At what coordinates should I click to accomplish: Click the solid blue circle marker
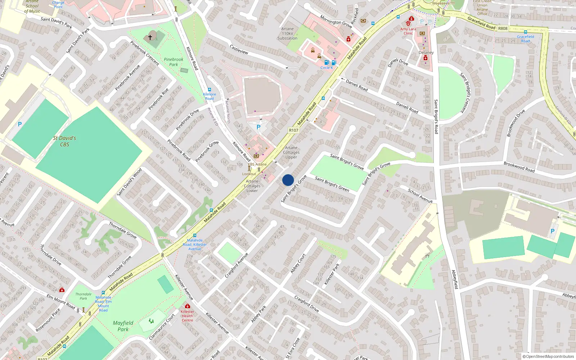click(x=288, y=180)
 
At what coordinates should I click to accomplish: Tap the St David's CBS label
click(x=64, y=141)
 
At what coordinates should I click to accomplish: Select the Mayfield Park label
click(x=123, y=326)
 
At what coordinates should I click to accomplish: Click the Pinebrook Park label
click(x=174, y=62)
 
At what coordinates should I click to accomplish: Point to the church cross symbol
click(x=150, y=37)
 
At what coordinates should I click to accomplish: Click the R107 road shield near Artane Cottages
click(x=293, y=130)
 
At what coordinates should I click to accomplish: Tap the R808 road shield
click(x=503, y=28)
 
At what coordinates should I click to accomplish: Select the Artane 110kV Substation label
click(x=287, y=33)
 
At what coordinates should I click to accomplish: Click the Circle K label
click(x=327, y=68)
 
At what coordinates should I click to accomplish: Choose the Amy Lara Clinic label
click(x=408, y=31)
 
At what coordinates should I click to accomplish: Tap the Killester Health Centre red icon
click(x=187, y=306)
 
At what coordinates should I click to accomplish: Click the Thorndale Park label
click(x=83, y=296)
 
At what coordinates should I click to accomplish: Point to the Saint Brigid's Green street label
click(x=332, y=184)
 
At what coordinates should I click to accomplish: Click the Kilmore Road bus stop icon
click(x=209, y=90)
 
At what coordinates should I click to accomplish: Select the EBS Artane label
click(x=257, y=164)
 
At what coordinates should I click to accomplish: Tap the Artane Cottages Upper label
click(x=291, y=152)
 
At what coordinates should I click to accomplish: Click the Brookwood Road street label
click(x=519, y=167)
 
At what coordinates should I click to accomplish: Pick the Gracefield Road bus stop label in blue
click(x=525, y=39)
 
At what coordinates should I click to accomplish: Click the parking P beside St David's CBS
click(x=20, y=124)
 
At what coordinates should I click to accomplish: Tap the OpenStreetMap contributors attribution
click(x=548, y=356)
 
